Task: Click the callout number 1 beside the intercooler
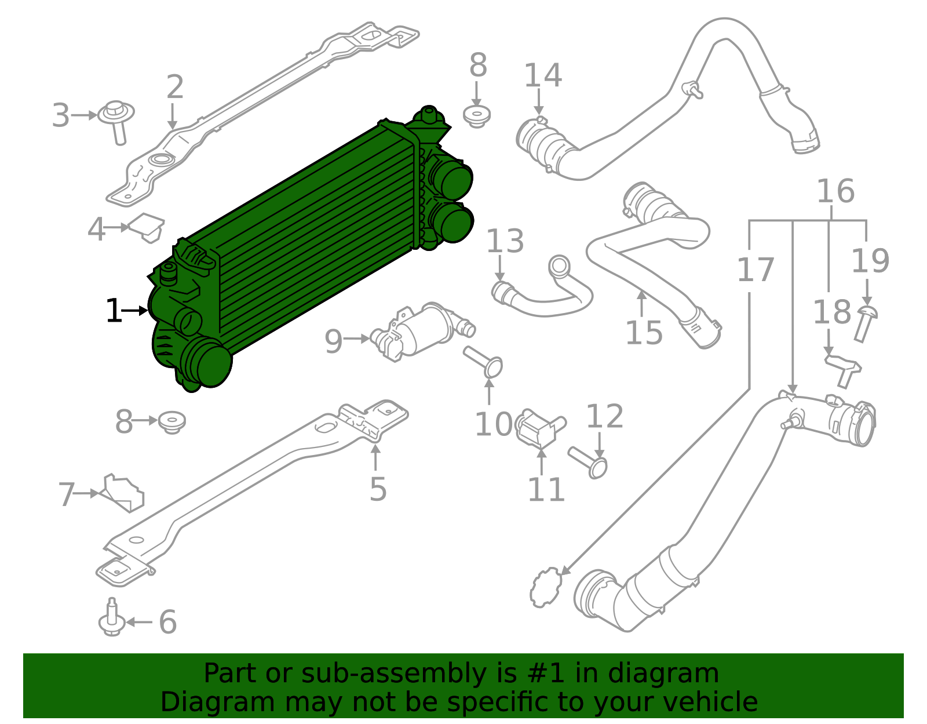pyautogui.click(x=114, y=311)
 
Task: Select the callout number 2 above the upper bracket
pyautogui.click(x=174, y=87)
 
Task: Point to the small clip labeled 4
pyautogui.click(x=147, y=227)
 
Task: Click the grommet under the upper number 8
pyautogui.click(x=477, y=116)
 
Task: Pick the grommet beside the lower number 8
pyautogui.click(x=171, y=422)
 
